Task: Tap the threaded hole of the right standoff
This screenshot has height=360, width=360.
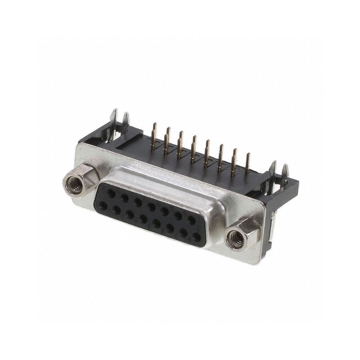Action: pos(235,238)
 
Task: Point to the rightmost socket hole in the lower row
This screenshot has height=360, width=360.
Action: pos(197,236)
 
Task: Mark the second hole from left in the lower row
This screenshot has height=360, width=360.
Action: pos(116,210)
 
